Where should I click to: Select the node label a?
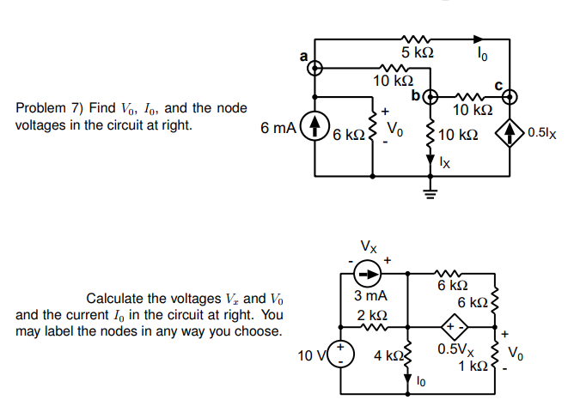pyautogui.click(x=302, y=56)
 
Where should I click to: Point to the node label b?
pyautogui.click(x=415, y=94)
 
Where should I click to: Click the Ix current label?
pyautogui.click(x=444, y=161)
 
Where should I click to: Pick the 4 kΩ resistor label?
pyautogui.click(x=387, y=354)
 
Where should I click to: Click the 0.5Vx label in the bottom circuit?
pyautogui.click(x=453, y=350)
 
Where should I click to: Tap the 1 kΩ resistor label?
pyautogui.click(x=473, y=367)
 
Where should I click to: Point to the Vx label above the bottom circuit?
pyautogui.click(x=368, y=245)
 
